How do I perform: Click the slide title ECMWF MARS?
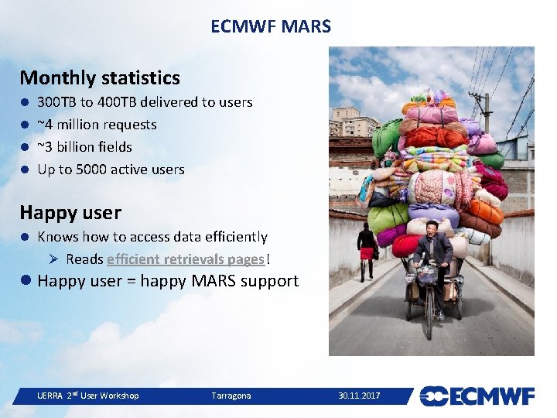[271, 26]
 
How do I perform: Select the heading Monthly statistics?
[100, 77]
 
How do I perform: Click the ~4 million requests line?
[97, 125]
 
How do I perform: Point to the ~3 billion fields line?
[84, 147]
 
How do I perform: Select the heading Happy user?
[70, 211]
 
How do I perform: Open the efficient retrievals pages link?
[186, 259]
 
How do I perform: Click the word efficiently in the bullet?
[233, 237]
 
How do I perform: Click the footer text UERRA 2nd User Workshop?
[88, 396]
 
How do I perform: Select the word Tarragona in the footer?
[231, 396]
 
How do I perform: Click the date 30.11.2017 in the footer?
[359, 396]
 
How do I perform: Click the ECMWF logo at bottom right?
[477, 396]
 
